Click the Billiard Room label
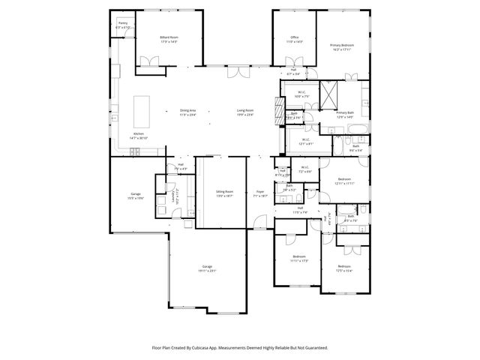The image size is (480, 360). coord(169,38)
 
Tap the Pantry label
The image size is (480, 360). coord(123,25)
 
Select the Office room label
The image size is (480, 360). coord(295,38)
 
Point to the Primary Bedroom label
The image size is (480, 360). coord(342,46)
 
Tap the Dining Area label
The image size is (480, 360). coord(187,112)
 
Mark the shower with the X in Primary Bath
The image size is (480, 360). coord(329,93)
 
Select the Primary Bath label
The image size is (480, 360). coord(346,114)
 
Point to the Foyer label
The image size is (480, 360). coord(260,193)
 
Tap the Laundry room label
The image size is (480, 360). coord(173,195)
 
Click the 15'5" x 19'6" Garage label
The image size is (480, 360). coord(136,196)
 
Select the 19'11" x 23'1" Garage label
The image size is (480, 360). coord(207,268)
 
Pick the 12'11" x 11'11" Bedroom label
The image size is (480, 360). coord(344,181)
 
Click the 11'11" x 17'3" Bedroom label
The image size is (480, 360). coord(298,259)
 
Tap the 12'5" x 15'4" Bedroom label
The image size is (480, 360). coord(344,268)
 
